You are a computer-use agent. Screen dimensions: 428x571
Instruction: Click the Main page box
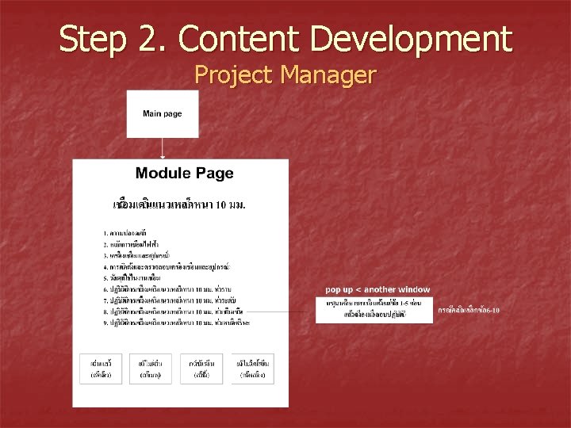tap(163, 114)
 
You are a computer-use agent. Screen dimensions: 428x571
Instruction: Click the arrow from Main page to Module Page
tap(163, 148)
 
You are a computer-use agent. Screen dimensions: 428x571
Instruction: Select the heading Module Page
tap(185, 174)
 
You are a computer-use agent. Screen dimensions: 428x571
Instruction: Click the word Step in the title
tap(91, 38)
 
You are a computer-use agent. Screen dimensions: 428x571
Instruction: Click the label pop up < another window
tap(377, 289)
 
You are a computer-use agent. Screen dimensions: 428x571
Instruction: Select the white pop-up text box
tap(374, 309)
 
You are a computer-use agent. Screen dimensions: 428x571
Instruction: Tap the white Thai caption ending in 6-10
tap(469, 310)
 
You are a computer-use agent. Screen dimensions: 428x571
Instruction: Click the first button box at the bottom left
tap(101, 368)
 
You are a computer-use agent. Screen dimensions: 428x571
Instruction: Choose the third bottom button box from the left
tap(201, 368)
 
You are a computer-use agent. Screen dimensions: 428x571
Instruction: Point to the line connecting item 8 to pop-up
tap(293, 311)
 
